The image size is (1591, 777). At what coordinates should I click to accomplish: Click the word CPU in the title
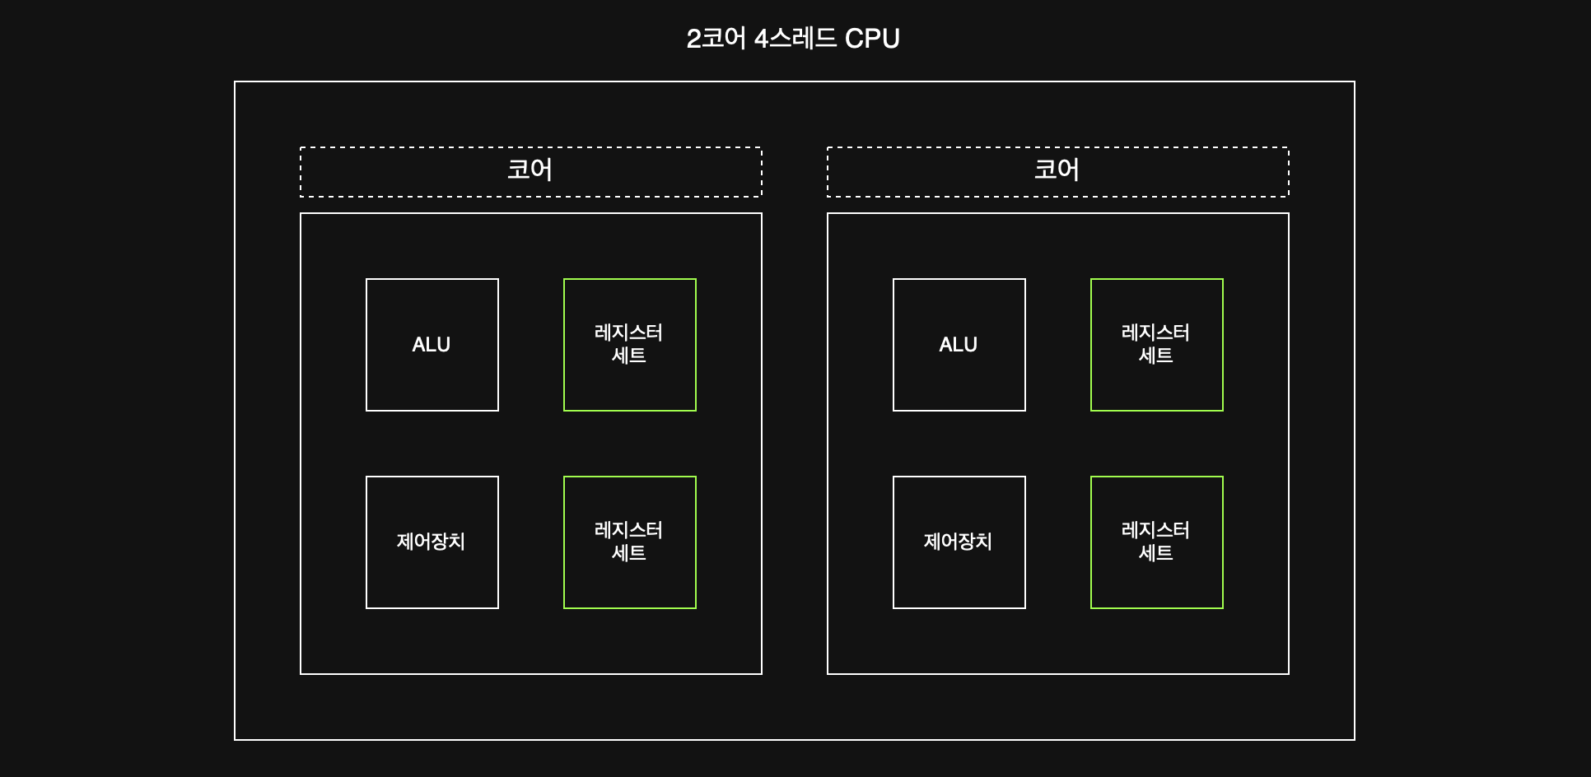(x=872, y=39)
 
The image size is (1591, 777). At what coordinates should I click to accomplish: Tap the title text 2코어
(x=716, y=39)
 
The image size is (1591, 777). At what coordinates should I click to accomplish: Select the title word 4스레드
(x=795, y=39)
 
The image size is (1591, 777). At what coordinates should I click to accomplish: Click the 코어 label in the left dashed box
(x=530, y=170)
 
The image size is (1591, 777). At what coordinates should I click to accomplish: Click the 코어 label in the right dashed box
(x=1057, y=170)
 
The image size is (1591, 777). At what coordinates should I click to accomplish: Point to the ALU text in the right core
(x=958, y=345)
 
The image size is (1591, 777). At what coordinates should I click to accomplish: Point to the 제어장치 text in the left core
(x=431, y=542)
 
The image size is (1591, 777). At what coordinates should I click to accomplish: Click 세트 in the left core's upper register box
(x=628, y=356)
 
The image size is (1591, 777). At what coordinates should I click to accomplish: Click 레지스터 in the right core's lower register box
(x=1155, y=530)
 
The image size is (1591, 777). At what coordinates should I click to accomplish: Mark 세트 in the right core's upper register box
(x=1155, y=356)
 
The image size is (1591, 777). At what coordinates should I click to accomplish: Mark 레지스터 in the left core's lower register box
(x=628, y=530)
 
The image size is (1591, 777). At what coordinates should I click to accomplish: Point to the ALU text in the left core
(x=431, y=345)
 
